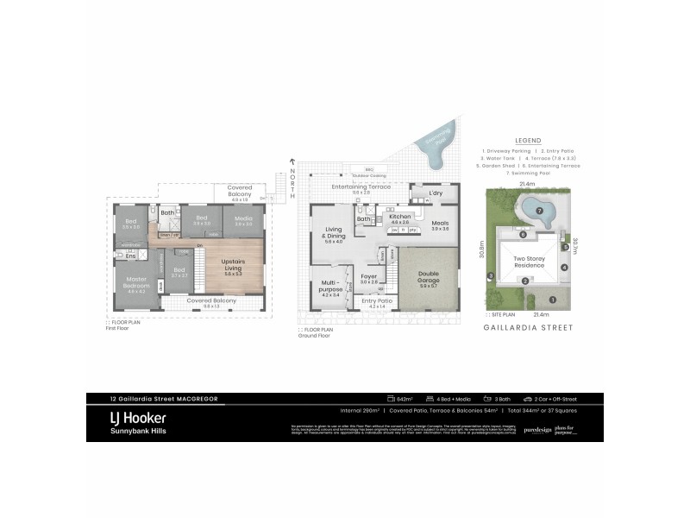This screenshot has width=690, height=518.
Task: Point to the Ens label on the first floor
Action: click(x=131, y=256)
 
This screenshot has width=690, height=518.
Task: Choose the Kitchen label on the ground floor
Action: click(x=399, y=217)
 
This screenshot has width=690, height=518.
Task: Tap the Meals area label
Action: click(x=440, y=222)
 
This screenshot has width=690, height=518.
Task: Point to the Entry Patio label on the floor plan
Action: click(x=378, y=301)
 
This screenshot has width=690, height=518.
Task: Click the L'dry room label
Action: click(x=435, y=193)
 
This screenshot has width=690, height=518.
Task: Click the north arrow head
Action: click(x=293, y=161)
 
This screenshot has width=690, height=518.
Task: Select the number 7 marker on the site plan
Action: click(x=539, y=211)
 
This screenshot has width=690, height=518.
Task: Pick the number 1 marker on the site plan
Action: click(x=553, y=300)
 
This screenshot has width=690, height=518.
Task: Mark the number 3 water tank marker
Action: click(x=490, y=276)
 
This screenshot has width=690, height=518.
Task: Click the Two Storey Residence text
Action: click(x=529, y=262)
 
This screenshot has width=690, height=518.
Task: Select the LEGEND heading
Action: click(x=527, y=140)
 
